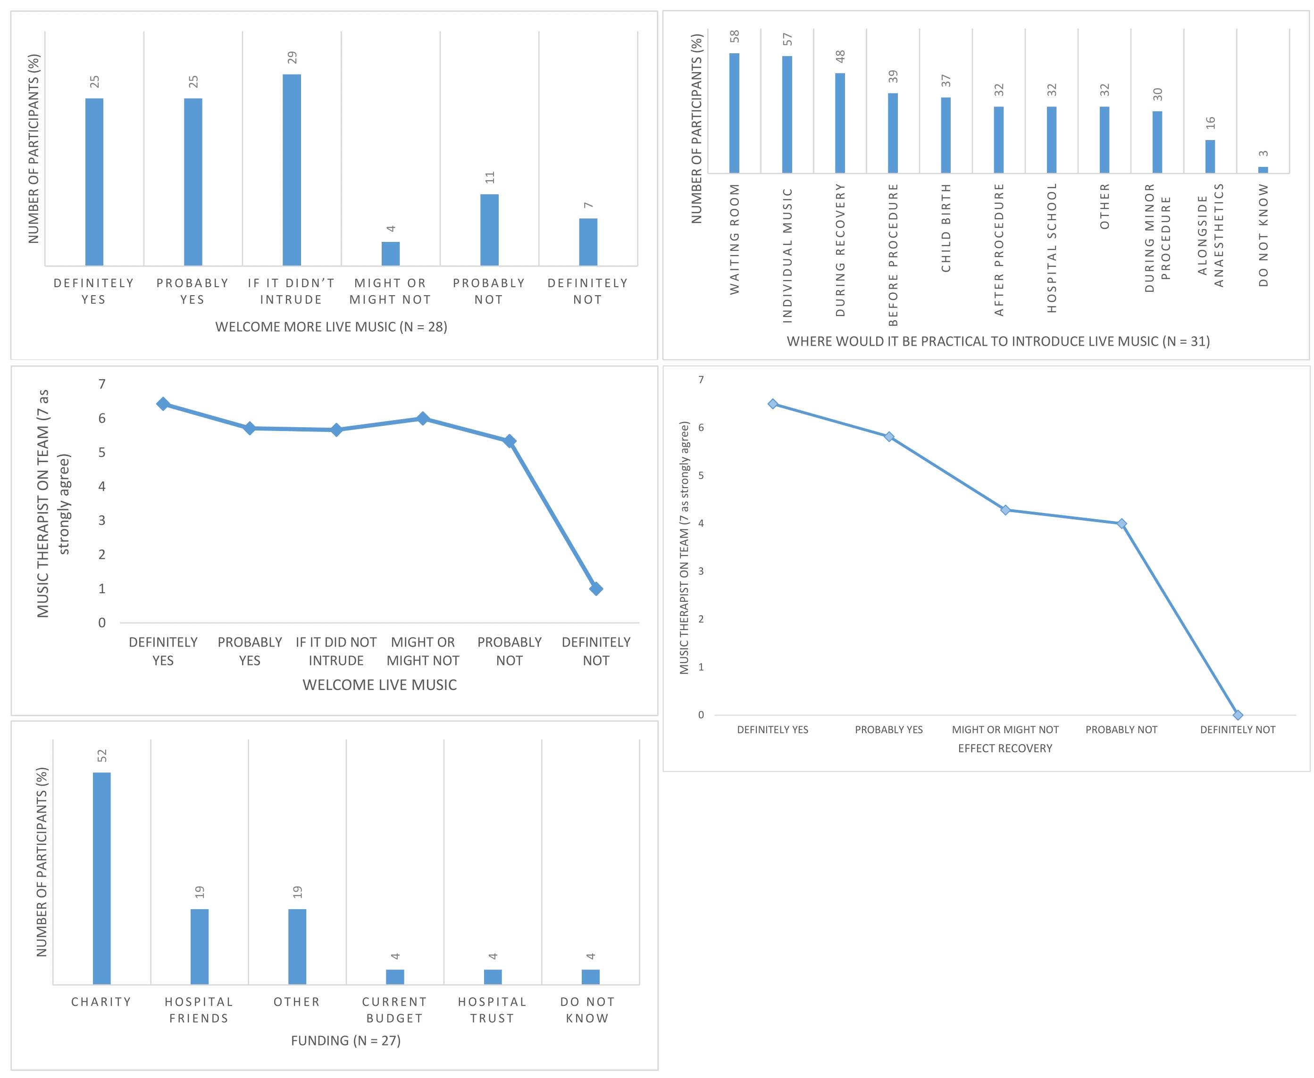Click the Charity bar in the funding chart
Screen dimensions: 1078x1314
coord(101,878)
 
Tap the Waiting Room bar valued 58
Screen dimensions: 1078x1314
coord(734,113)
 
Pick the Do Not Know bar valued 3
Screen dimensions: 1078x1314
coord(1263,169)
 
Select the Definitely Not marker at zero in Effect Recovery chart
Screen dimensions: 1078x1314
coord(1237,715)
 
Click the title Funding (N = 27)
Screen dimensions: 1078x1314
coord(345,1040)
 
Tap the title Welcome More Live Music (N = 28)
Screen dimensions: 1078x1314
coord(331,327)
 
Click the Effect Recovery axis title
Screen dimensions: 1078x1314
coord(1004,748)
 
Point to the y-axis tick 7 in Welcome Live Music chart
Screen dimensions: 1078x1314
coord(102,384)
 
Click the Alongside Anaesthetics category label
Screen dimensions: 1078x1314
coord(1210,235)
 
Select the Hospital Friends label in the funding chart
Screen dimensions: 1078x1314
coord(199,1010)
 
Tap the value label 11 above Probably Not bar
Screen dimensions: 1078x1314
coord(490,178)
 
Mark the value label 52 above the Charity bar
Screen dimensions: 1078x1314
coord(102,756)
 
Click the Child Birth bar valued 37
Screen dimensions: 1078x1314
coord(945,135)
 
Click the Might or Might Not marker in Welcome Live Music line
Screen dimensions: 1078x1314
coord(422,418)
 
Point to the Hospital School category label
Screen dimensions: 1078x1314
coord(1051,247)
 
